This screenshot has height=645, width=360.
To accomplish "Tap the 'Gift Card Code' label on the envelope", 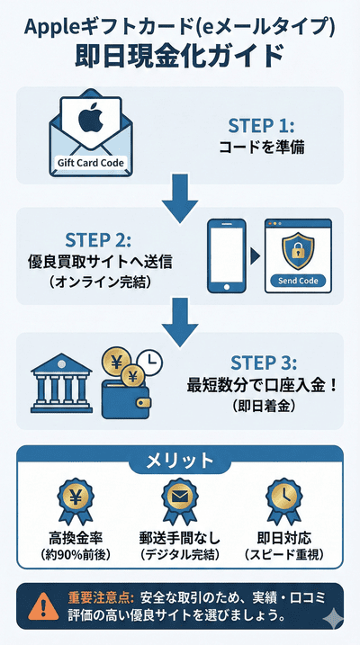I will (89, 164).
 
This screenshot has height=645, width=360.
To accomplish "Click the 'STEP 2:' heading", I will (98, 241).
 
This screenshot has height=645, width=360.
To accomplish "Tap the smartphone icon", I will (226, 255).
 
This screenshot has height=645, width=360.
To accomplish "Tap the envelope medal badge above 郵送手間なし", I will (179, 500).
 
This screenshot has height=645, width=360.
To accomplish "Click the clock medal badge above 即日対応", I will (282, 500).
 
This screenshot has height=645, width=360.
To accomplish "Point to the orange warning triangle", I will (39, 605).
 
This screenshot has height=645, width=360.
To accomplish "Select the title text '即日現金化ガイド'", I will (180, 55).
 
